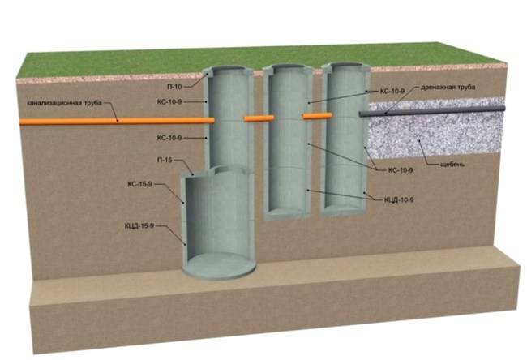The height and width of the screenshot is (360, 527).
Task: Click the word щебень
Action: (x=447, y=167)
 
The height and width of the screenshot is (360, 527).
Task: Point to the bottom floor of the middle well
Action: (x=288, y=212)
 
